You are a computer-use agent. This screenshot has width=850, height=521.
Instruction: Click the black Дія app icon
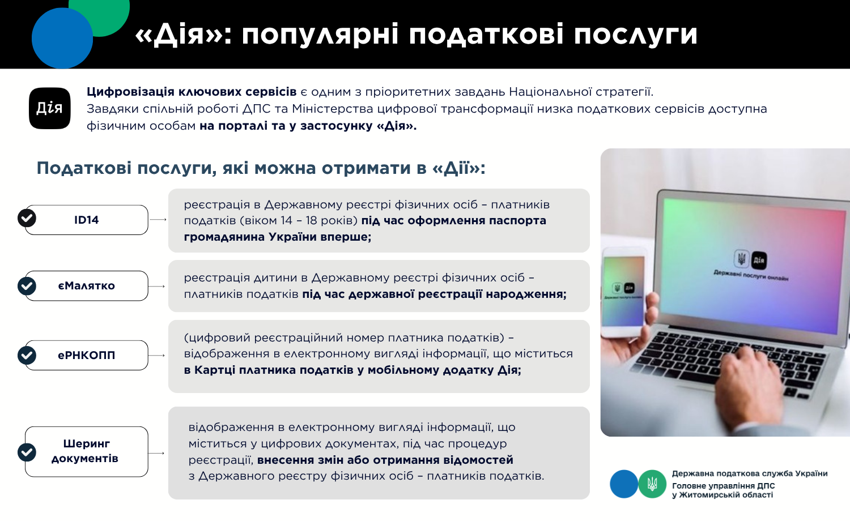coord(50,108)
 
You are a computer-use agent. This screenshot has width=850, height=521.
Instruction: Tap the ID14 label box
coord(87,220)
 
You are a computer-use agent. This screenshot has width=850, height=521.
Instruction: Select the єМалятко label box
coord(87,286)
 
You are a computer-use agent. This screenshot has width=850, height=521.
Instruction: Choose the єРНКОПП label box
coord(87,355)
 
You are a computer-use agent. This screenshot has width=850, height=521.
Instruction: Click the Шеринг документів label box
coord(87,451)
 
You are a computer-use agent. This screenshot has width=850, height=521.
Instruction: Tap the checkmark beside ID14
coord(27,218)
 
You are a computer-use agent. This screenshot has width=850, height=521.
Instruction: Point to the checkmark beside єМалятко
coord(27,286)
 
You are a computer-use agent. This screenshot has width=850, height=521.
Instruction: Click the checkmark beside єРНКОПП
coord(27,355)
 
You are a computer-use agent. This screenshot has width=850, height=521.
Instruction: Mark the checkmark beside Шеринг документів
coord(27,452)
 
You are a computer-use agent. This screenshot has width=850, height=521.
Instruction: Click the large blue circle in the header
coord(62,38)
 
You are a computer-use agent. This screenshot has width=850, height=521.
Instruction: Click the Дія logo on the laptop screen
coord(759,260)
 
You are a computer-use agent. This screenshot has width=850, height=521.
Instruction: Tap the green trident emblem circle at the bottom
coord(652,484)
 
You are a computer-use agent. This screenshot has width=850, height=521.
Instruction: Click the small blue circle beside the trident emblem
coord(624,484)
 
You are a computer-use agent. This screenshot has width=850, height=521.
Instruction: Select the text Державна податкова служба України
coord(750,473)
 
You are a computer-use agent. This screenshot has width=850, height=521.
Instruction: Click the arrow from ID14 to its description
coord(158,220)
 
